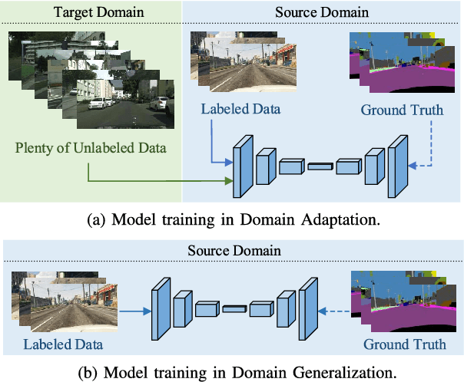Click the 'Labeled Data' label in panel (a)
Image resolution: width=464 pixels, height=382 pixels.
[240, 110]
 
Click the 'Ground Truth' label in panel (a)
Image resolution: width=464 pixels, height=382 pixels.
[402, 110]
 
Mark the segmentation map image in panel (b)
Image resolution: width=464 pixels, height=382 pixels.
[399, 299]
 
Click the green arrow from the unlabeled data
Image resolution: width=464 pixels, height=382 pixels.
[154, 181]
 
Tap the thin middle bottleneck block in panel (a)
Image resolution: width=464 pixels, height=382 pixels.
[321, 165]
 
